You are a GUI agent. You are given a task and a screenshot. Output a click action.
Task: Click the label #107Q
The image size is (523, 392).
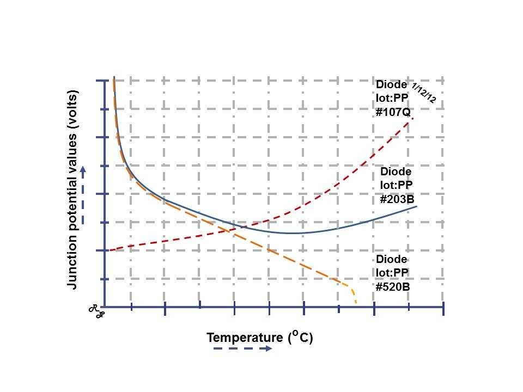(x=392, y=113)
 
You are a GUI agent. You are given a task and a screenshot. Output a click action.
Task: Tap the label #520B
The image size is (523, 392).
(x=392, y=286)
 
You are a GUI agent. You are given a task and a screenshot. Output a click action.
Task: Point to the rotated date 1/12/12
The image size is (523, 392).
(x=423, y=93)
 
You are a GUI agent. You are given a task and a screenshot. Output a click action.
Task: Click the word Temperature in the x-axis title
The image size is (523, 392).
(x=245, y=338)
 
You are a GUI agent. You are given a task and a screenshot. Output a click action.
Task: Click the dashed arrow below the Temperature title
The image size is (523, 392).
(x=242, y=348)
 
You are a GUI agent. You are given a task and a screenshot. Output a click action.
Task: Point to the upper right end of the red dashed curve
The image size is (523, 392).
(x=413, y=118)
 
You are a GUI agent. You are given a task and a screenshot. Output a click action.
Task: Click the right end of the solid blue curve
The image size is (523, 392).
(x=417, y=206)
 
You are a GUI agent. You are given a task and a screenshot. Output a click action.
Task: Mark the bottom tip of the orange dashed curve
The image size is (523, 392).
(x=356, y=303)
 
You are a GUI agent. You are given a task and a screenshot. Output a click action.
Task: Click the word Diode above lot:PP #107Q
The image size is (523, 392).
(x=391, y=84)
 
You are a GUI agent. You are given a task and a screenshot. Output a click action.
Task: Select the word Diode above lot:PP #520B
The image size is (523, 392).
(x=391, y=259)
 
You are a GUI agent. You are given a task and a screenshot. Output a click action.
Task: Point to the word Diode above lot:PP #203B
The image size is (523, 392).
(x=396, y=172)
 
